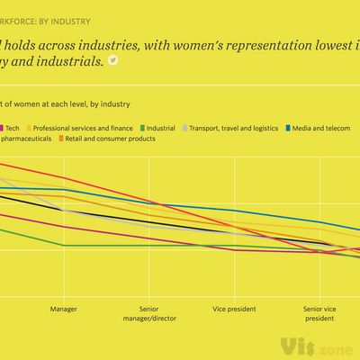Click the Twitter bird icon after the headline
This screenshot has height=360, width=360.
tap(112, 60)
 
